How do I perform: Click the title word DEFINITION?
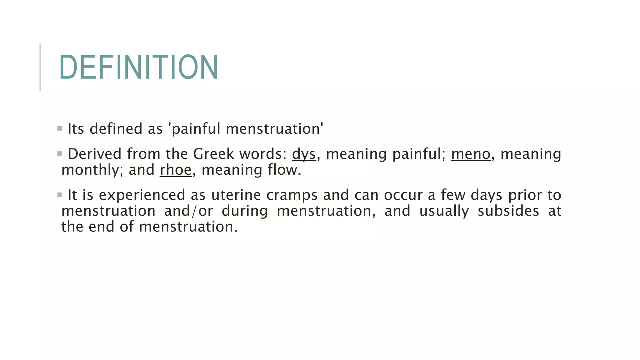138,67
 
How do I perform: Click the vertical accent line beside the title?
40,67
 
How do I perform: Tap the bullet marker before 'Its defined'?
60,128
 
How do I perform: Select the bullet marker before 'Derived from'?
60,153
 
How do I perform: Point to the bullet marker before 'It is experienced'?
60,195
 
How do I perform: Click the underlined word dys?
304,154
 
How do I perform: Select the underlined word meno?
471,154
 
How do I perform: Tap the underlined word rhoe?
176,170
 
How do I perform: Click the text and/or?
188,211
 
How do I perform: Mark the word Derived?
94,154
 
